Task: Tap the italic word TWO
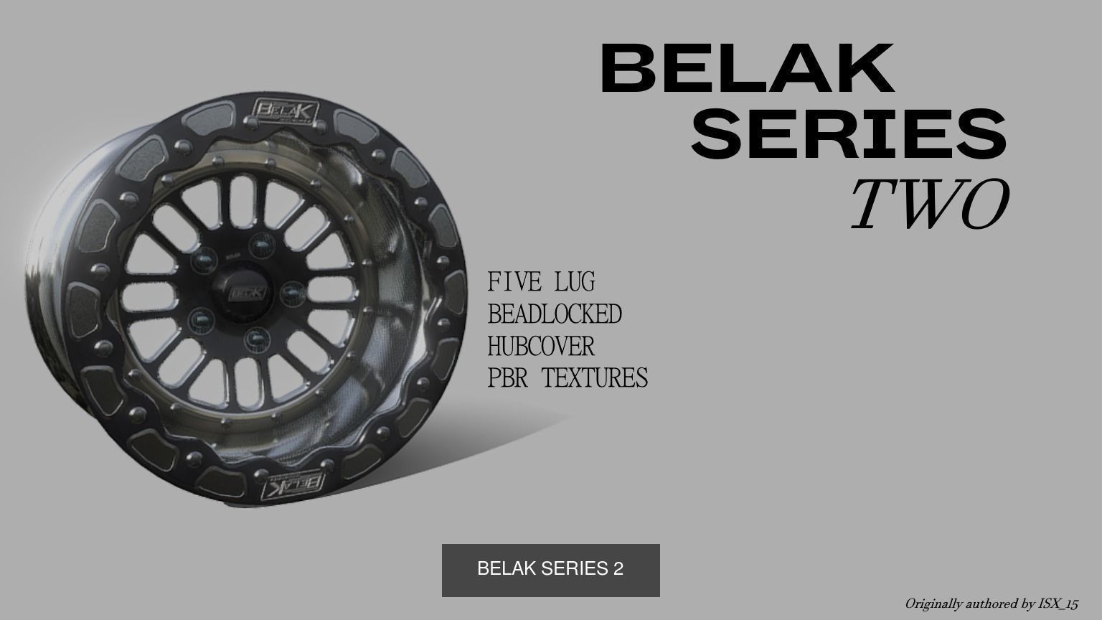pos(930,204)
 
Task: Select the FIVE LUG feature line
pos(541,281)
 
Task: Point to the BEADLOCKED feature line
pos(555,314)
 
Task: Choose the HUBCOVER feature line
pos(541,346)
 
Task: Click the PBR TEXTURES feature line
pos(568,377)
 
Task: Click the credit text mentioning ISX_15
pos(991,603)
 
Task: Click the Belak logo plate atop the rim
pos(285,111)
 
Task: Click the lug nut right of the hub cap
pos(291,291)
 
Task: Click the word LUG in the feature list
pos(575,281)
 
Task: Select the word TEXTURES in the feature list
pos(594,377)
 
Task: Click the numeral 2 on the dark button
pos(618,568)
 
